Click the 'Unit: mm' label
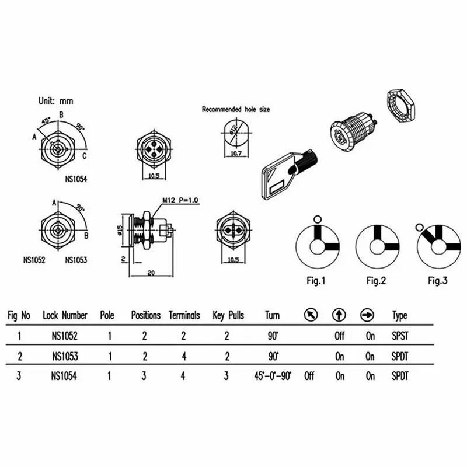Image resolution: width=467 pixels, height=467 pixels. pos(55,101)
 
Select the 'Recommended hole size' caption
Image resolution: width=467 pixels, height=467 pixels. pos(236,109)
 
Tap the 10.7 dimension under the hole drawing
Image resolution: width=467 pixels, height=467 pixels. pos(236,154)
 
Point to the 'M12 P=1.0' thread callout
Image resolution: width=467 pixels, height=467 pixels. pos(180,200)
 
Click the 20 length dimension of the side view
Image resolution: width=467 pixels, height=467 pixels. pos(151,273)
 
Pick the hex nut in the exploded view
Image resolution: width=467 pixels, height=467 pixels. pos(401,106)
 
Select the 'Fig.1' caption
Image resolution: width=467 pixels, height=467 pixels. pos(316,281)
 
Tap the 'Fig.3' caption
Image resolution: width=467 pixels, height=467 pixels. pos(437,281)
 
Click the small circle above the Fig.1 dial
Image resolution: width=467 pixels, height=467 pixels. pos(318,219)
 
